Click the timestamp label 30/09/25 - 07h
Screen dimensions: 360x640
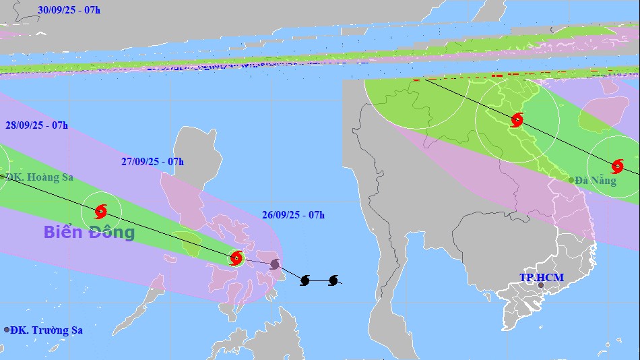[69, 9]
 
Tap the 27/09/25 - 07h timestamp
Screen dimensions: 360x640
[152, 162]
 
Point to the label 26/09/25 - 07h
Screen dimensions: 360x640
[293, 215]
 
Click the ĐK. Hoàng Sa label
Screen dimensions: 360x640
[39, 177]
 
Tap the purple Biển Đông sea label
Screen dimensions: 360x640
[89, 233]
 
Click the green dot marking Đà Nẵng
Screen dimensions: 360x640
[571, 180]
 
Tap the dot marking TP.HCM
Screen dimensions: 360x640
[540, 285]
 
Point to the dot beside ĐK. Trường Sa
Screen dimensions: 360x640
[7, 330]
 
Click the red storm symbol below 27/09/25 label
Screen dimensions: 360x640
[101, 212]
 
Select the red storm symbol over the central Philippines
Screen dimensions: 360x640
[236, 258]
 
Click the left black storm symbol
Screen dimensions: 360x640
[305, 280]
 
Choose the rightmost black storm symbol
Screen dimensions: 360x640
[333, 280]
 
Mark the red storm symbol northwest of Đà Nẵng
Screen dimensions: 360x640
[517, 120]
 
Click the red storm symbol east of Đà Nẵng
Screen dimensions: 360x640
[617, 166]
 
